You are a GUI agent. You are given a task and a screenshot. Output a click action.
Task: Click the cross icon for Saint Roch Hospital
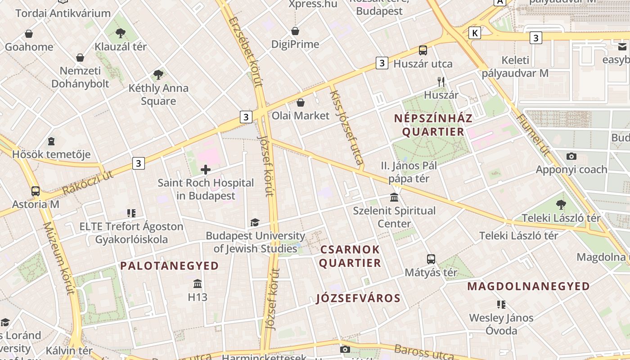[x=206, y=170]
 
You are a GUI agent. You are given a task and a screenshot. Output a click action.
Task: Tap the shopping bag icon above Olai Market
[x=301, y=103]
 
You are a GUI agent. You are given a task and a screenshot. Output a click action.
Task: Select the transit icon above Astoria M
[x=36, y=191]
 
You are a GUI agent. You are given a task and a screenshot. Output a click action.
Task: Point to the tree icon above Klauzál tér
[x=120, y=33]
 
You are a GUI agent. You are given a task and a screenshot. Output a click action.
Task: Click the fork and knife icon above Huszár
[x=441, y=81]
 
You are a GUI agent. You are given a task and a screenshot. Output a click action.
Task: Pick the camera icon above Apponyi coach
[x=571, y=156]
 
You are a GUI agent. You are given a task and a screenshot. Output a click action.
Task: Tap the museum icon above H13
[x=197, y=284]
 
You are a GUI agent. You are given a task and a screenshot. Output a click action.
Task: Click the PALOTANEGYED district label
[x=169, y=266]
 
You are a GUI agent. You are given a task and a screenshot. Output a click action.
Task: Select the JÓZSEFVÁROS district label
[x=358, y=298]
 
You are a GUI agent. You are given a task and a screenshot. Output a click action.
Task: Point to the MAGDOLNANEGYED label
[x=528, y=286]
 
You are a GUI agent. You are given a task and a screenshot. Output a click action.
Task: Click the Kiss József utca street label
[x=347, y=128]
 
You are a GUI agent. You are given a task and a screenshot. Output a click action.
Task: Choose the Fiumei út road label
[x=534, y=135]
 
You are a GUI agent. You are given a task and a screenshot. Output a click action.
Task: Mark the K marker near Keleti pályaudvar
[x=475, y=32]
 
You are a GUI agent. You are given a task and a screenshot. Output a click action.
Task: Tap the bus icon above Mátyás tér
[x=431, y=259]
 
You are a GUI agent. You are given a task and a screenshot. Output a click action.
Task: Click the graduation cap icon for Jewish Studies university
[x=255, y=222]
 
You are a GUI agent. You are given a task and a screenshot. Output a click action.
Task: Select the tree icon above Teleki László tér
[x=561, y=205]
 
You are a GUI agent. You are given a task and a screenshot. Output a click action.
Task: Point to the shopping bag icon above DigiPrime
[x=295, y=31]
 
